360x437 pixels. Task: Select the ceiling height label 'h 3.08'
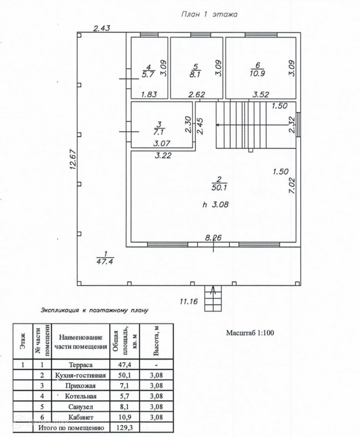click(215, 205)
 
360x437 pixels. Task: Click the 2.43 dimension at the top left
click(101, 29)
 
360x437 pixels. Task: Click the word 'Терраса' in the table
click(81, 365)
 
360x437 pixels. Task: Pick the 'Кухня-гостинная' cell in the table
click(81, 375)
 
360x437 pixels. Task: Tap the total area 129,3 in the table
click(125, 427)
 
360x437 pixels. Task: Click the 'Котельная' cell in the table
click(81, 396)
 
